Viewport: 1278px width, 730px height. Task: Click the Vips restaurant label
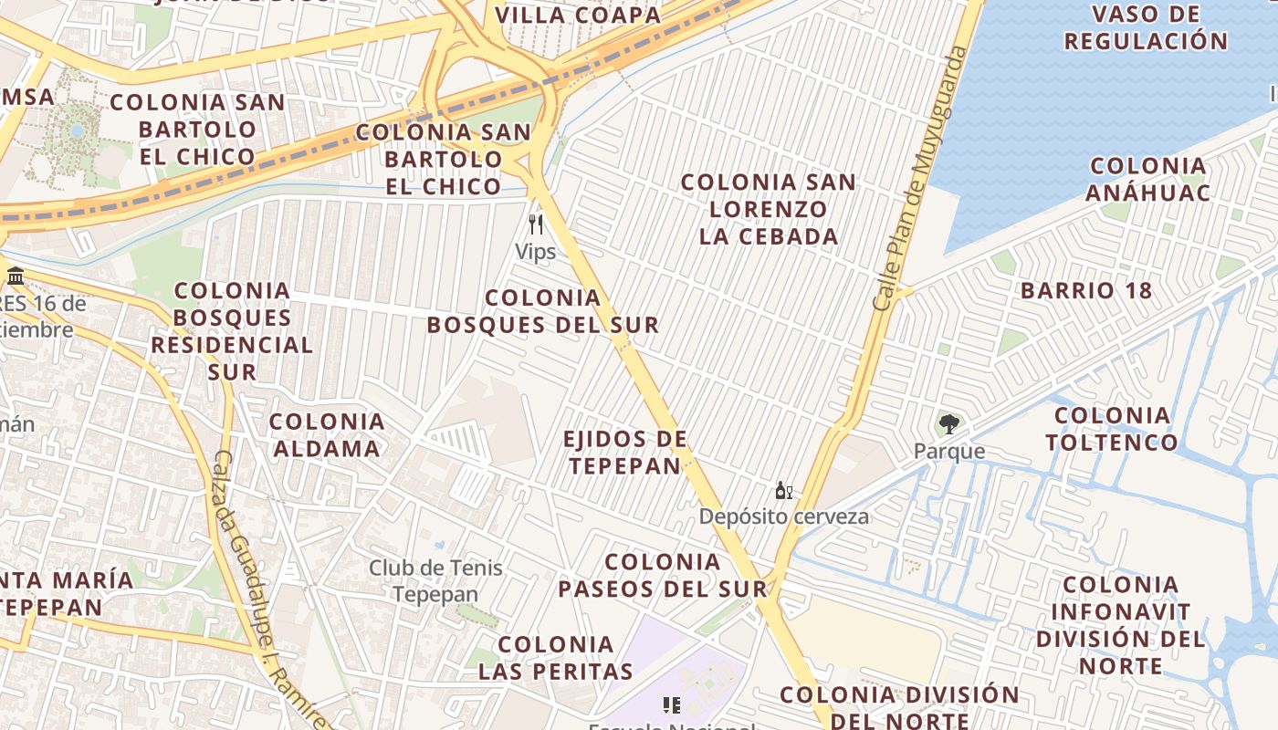pos(535,252)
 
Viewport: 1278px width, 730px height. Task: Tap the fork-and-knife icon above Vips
pos(536,224)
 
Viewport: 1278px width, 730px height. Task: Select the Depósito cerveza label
pos(784,516)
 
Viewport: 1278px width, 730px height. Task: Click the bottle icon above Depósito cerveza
pos(783,491)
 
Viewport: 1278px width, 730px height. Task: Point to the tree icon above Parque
pos(949,423)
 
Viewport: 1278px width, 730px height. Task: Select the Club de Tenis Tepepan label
pos(435,581)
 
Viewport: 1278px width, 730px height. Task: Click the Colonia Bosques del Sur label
pos(543,311)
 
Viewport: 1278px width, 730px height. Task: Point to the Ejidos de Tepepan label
pos(625,453)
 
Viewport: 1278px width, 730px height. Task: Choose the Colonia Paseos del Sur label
pos(663,575)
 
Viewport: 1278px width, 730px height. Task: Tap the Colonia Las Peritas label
pos(556,658)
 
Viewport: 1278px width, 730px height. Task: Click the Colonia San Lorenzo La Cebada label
pos(769,209)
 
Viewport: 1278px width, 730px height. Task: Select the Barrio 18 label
pos(1086,291)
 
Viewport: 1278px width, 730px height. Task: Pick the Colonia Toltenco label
pos(1112,429)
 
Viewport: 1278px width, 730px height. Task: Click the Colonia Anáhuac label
pos(1148,179)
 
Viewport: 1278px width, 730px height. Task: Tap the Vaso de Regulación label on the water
pos(1146,27)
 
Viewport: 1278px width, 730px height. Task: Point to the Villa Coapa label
pos(578,16)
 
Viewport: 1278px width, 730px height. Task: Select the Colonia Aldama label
pos(326,434)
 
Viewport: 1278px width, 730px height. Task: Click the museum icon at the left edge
pos(15,276)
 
